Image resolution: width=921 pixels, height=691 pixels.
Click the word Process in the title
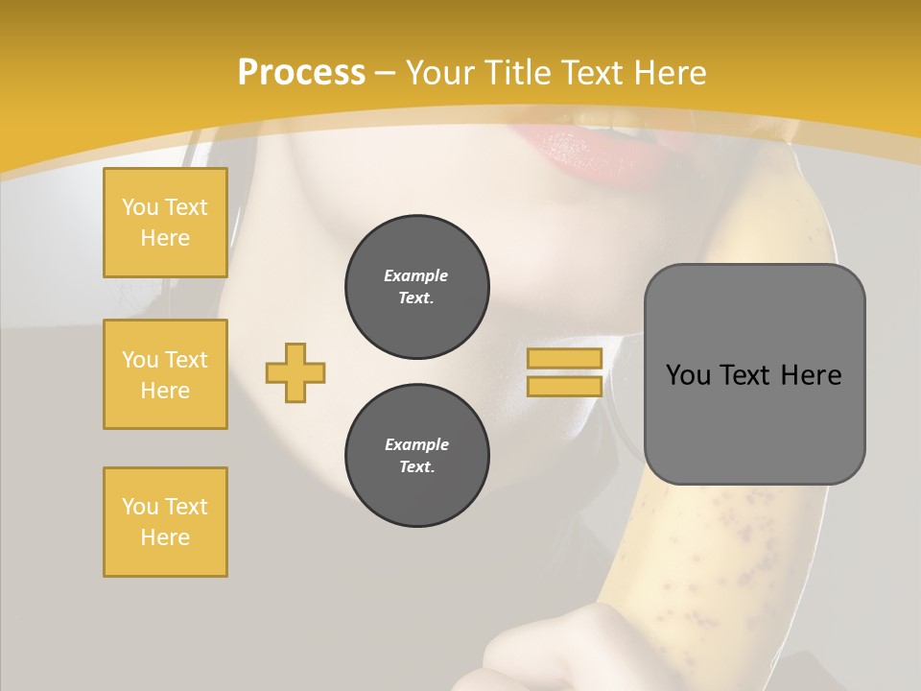(x=301, y=73)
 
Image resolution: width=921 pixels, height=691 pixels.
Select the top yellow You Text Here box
(x=165, y=223)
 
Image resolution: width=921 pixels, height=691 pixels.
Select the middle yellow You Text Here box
(x=165, y=374)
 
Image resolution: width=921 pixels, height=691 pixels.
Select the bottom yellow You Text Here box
(x=165, y=522)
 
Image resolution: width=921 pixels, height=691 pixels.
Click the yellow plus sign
(x=295, y=372)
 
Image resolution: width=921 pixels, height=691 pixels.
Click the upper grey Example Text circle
(x=417, y=287)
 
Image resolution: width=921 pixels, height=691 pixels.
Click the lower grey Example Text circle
(x=417, y=456)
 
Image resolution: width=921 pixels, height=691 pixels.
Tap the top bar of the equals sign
(x=564, y=358)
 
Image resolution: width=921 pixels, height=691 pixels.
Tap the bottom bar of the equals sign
(x=564, y=387)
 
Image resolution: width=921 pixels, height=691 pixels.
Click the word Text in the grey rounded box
(x=746, y=375)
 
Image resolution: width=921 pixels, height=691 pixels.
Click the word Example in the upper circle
(x=416, y=275)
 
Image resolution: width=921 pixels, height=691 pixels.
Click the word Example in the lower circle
(x=416, y=444)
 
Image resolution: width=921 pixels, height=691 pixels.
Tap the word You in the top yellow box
(x=140, y=207)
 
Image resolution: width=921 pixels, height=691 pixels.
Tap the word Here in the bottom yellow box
(x=165, y=537)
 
